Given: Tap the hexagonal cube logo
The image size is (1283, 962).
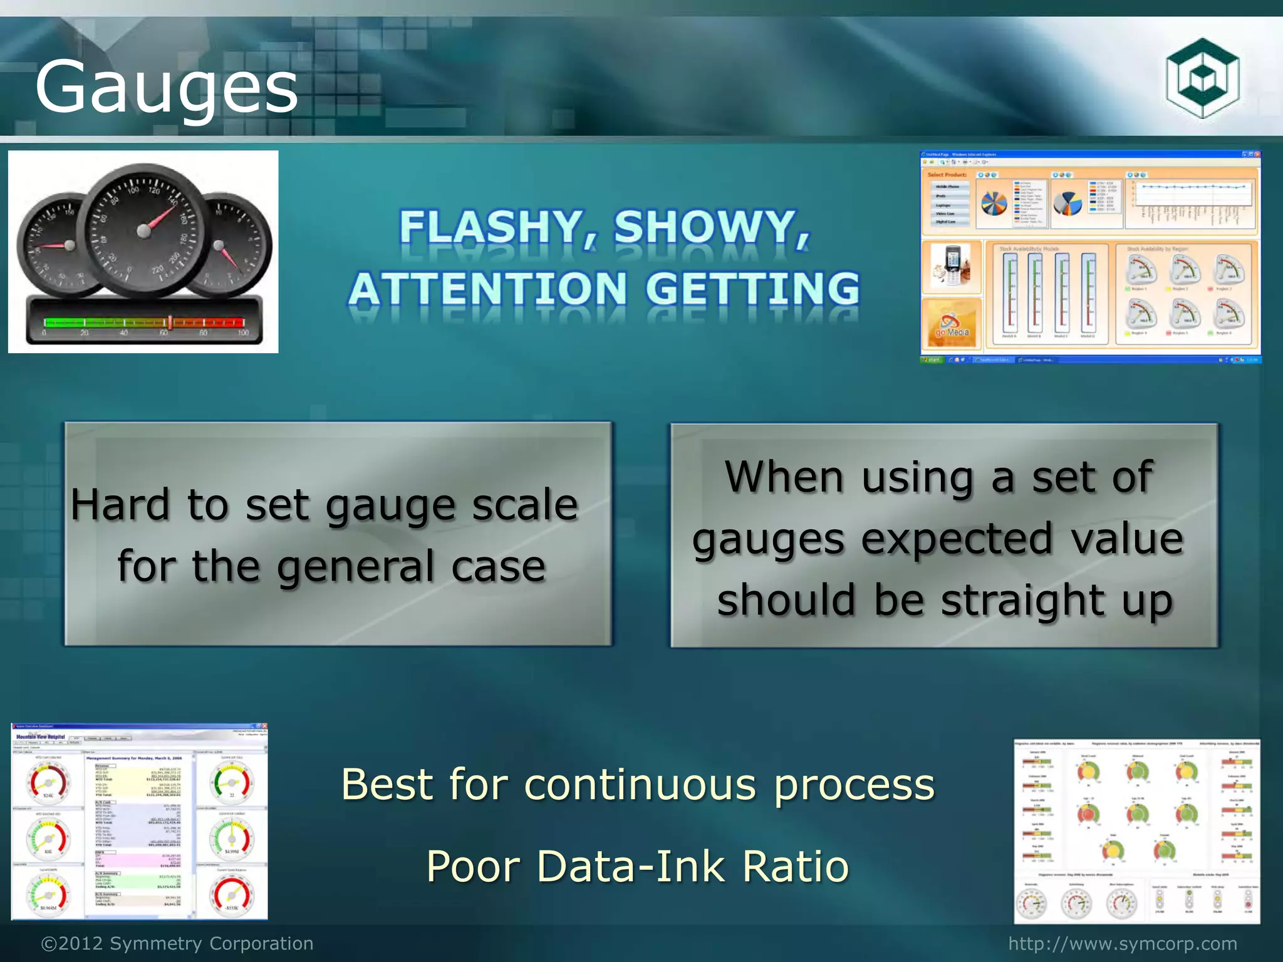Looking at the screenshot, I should click(x=1202, y=78).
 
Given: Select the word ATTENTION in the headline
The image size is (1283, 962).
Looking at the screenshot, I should click(x=487, y=289).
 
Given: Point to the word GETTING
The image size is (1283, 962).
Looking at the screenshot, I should click(x=752, y=289).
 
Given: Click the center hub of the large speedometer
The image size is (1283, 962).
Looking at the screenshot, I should click(x=143, y=231).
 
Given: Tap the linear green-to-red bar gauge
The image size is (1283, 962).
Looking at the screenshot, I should click(x=144, y=323).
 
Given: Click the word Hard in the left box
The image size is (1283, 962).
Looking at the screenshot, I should click(x=120, y=505).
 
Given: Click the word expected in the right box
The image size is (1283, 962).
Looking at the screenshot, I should click(x=957, y=539).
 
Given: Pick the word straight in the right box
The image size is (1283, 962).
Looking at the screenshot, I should click(x=1022, y=600).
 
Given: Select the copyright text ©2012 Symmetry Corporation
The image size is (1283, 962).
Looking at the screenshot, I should click(x=177, y=943).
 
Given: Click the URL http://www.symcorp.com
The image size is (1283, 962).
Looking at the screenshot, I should click(x=1123, y=943).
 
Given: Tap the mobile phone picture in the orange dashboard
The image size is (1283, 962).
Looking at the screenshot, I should click(x=950, y=266).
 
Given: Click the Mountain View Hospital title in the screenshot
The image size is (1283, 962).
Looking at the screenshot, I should click(x=40, y=737).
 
